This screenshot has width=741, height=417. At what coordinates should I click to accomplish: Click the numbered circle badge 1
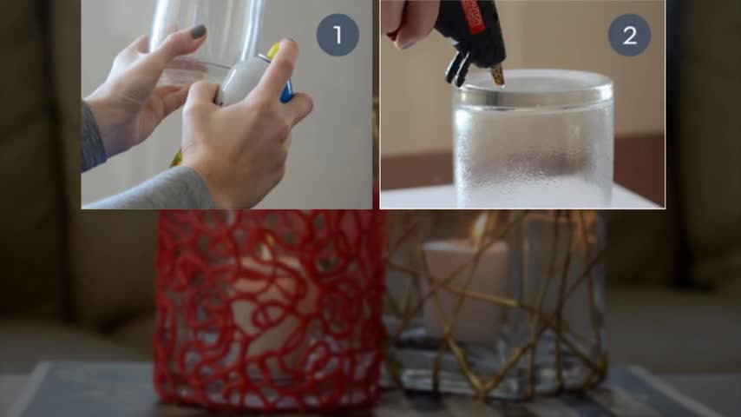tap(338, 35)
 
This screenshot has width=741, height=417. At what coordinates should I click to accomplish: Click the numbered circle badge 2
tap(629, 35)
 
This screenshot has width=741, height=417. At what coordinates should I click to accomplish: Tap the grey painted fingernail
tap(198, 32)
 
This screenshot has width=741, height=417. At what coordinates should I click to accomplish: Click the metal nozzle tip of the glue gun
tap(498, 76)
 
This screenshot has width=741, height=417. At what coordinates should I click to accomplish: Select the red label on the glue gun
tap(475, 17)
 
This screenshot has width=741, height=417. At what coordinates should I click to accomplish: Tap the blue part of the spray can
tap(287, 91)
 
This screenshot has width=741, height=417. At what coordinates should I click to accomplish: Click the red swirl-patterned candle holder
tap(268, 309)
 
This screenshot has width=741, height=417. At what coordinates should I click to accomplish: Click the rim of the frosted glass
tap(533, 90)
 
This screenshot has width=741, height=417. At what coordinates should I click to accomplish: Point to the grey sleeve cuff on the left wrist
tap(92, 137)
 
